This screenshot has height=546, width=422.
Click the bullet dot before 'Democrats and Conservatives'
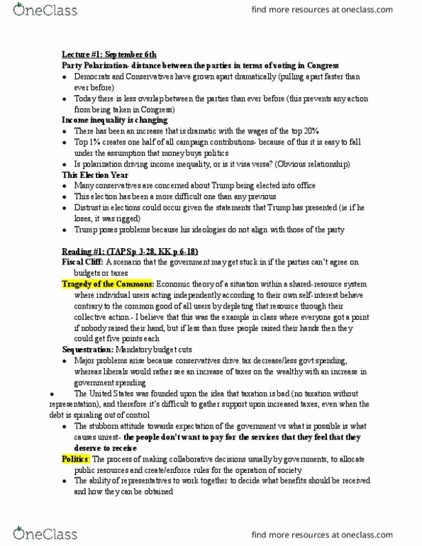click(x=65, y=77)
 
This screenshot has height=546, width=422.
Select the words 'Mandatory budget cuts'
click(x=155, y=350)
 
